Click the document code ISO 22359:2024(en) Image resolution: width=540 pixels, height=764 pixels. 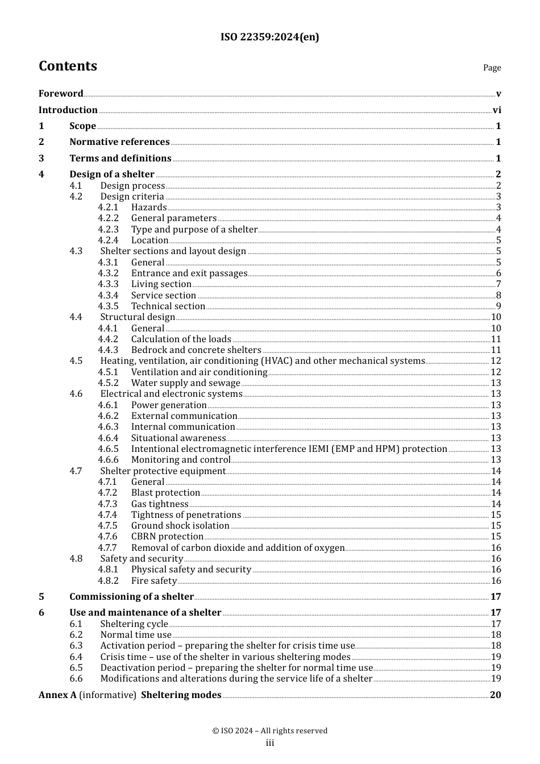[x=269, y=37]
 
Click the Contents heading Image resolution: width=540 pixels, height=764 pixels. [x=68, y=66]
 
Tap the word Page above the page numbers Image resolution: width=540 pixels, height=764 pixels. [x=492, y=68]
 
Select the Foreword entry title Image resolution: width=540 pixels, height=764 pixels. [x=61, y=94]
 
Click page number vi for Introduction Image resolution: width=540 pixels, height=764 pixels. [x=497, y=110]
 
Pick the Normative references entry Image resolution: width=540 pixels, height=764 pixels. [x=119, y=142]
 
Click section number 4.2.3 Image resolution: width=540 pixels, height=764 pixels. [x=108, y=230]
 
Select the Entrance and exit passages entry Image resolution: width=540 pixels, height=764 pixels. [x=189, y=273]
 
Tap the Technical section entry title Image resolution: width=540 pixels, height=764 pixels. [x=168, y=306]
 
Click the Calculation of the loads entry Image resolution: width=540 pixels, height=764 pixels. [x=181, y=339]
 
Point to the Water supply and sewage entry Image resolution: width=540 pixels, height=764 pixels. [x=185, y=383]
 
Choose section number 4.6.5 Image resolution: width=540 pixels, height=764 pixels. [x=108, y=449]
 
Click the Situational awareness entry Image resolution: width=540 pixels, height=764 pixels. [x=178, y=438]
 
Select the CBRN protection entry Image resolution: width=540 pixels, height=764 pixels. [x=167, y=537]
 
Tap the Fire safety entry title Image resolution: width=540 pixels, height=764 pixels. [x=154, y=581]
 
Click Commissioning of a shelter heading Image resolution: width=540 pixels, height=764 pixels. [x=131, y=597]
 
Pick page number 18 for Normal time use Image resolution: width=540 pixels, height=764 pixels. [x=496, y=635]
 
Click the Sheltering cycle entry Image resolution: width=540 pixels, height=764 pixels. [x=134, y=624]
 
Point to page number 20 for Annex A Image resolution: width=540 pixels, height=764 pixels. [x=495, y=695]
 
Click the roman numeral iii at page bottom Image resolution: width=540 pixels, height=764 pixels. [x=270, y=743]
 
